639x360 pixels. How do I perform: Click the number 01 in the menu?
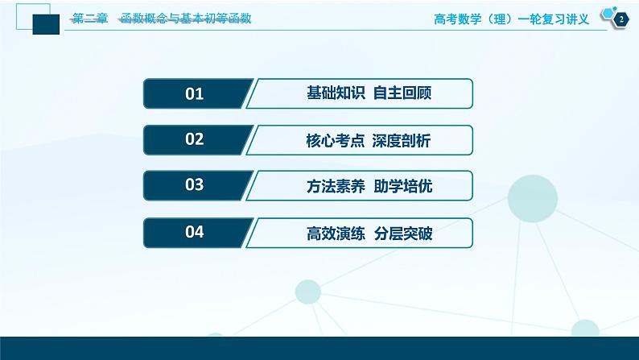195,94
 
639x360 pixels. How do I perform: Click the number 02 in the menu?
195,140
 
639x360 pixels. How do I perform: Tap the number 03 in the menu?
195,186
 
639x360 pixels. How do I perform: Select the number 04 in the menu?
195,233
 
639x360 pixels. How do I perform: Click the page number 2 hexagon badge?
620,19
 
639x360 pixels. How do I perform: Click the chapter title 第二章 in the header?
89,18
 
